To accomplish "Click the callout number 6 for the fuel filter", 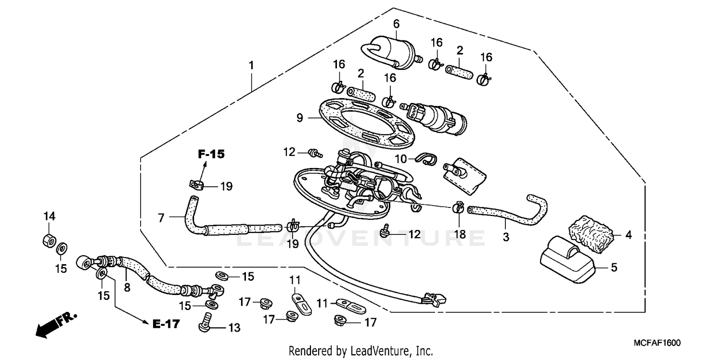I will pos(396,23).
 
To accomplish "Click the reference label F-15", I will pos(211,154).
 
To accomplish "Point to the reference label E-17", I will pos(166,324).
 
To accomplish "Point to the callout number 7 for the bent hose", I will pos(162,218).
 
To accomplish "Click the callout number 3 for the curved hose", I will pos(505,237).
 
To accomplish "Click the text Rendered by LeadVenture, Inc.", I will pos(361,350).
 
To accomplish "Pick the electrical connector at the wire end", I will pos(433,300).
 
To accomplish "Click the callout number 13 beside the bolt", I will pos(233,328).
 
